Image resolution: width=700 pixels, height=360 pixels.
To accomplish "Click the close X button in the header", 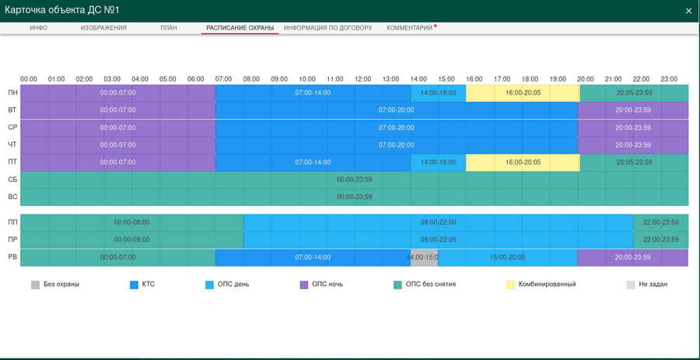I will (688, 11).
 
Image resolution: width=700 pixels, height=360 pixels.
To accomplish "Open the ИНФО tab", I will (39, 28).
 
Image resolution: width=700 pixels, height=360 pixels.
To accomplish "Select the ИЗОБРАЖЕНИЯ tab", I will (103, 28).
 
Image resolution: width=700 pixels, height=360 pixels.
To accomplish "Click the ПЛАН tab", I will (169, 28).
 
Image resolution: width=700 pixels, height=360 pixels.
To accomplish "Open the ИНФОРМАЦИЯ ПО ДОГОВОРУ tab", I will (327, 28).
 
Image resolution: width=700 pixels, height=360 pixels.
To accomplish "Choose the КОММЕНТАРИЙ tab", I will (410, 28).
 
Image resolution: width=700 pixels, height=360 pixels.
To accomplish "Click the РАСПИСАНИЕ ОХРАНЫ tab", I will (240, 28).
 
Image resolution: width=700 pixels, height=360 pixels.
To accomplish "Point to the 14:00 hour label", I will (418, 79).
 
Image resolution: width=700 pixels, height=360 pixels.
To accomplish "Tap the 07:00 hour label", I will (223, 79).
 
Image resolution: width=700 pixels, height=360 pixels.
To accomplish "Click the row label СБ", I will (12, 179).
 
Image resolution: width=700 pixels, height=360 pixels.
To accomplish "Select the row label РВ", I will (12, 257).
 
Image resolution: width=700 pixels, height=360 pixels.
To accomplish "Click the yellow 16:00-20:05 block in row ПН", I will (523, 93).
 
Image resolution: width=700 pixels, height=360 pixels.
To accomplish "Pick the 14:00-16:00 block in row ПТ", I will (438, 162).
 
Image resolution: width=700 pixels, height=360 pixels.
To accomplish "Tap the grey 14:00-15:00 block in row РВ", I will (424, 257).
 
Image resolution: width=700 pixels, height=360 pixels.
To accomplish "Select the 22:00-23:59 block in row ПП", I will (660, 222).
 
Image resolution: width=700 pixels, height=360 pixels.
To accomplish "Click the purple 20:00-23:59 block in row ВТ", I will (633, 110).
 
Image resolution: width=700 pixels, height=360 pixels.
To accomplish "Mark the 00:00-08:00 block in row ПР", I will (131, 239).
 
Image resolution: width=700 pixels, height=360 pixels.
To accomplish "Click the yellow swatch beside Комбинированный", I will (511, 285).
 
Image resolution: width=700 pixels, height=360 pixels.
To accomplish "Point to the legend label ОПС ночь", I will (327, 285).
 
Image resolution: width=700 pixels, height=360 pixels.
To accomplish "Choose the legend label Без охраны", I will (61, 285).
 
